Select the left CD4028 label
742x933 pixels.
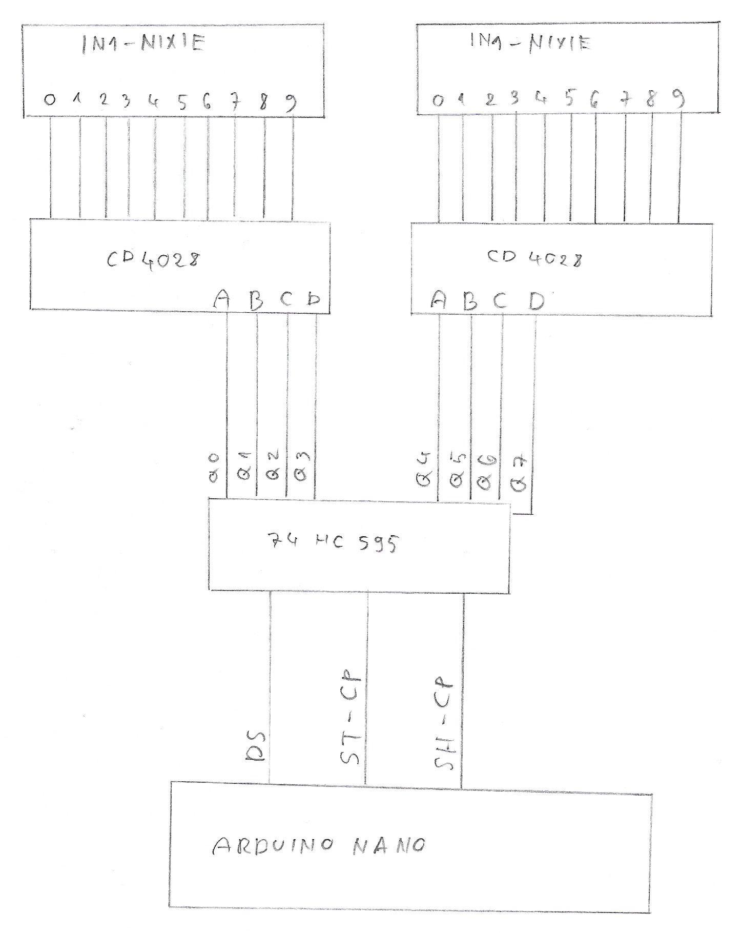(x=153, y=259)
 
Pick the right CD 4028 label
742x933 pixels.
(x=534, y=258)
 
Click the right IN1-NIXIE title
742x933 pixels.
(x=530, y=43)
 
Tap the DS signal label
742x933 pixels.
(x=255, y=746)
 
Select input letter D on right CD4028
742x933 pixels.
(x=537, y=301)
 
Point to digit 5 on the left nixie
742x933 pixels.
(x=182, y=103)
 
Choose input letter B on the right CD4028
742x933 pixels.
(x=469, y=301)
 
